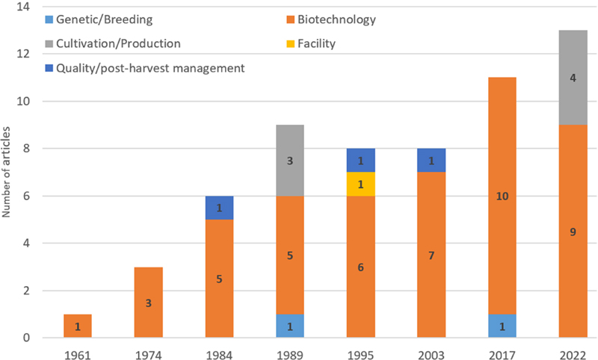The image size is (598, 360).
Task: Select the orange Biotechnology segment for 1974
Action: coord(148,302)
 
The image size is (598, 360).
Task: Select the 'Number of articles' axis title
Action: coord(7,172)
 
